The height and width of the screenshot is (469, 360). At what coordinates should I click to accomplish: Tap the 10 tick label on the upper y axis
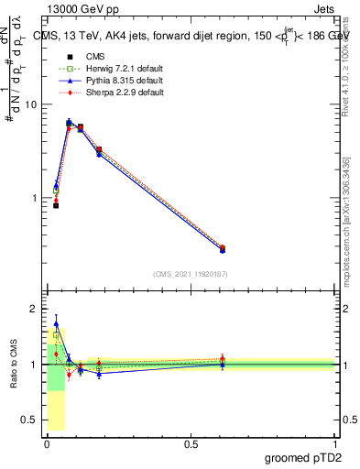[x=29, y=104]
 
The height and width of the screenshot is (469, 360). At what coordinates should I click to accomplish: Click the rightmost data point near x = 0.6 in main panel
[x=223, y=248]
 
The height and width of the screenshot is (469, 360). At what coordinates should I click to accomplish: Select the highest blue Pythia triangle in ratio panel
[x=56, y=323]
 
